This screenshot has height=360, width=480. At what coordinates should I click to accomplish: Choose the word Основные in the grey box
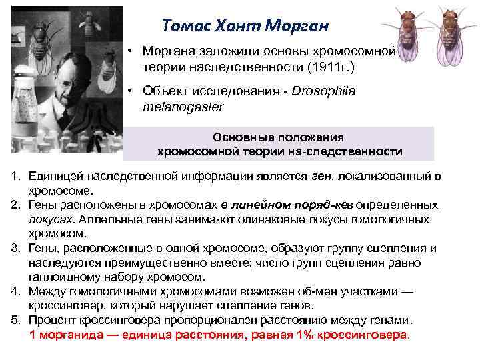click(x=242, y=137)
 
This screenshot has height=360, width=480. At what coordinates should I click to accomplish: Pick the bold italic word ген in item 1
click(x=320, y=177)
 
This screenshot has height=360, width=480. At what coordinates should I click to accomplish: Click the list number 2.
click(x=15, y=205)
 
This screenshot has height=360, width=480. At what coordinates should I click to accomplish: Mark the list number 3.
click(x=15, y=248)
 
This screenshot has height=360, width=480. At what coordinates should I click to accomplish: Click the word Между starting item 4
click(x=47, y=291)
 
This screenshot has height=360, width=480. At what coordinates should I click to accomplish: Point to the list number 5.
click(x=15, y=320)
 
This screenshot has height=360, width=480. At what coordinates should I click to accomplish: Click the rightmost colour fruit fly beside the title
click(x=454, y=37)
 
